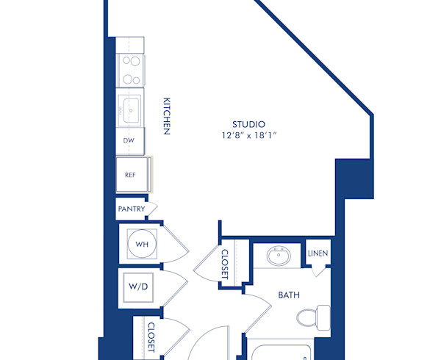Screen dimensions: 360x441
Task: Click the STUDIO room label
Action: pyautogui.click(x=248, y=124)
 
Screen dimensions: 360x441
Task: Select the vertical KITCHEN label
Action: pyautogui.click(x=167, y=116)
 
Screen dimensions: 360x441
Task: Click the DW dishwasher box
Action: pyautogui.click(x=129, y=139)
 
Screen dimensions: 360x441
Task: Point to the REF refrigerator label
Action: pyautogui.click(x=129, y=175)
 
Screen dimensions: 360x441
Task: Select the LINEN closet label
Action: pyautogui.click(x=318, y=254)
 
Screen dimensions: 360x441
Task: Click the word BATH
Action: pyautogui.click(x=287, y=295)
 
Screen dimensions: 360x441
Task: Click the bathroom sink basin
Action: pyautogui.click(x=278, y=258)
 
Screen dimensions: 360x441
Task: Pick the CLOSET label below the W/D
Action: pyautogui.click(x=151, y=337)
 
